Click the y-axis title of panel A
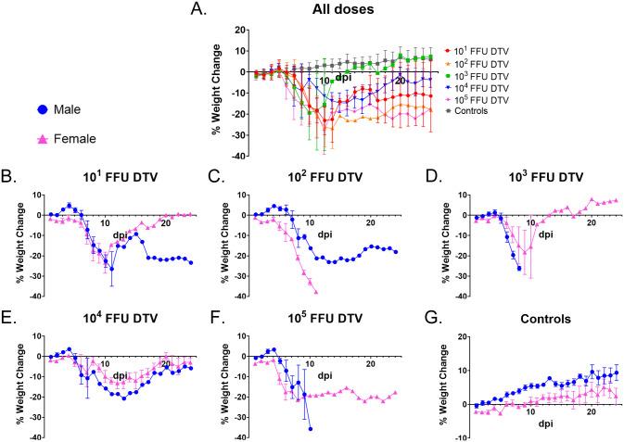tap(216, 93)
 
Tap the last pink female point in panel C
tap(316, 292)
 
